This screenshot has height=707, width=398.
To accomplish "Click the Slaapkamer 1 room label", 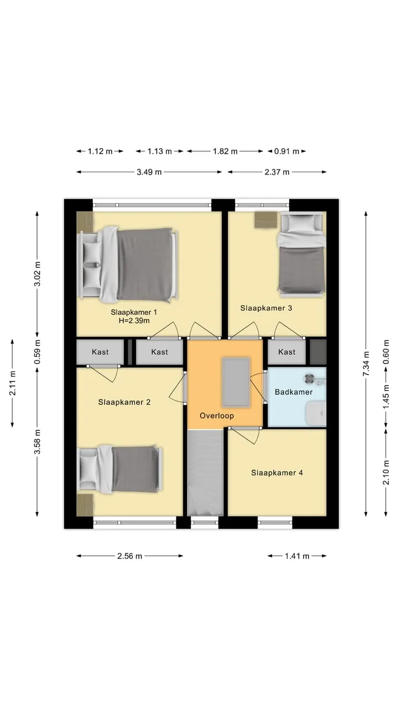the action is (134, 312).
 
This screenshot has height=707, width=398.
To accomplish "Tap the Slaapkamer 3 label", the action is (266, 308).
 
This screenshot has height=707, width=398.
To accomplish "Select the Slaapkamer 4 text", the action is (277, 473).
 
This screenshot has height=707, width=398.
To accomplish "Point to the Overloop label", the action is (217, 416).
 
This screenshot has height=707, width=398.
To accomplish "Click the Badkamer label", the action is (294, 392).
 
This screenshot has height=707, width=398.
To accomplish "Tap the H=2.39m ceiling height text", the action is (134, 321).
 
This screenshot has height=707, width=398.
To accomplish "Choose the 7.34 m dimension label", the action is (366, 363).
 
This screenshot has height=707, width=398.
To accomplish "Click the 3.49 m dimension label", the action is (149, 172).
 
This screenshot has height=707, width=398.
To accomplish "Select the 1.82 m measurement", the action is (225, 151).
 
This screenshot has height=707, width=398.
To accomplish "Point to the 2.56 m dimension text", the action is (129, 556).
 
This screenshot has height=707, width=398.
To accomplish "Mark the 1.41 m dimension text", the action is (297, 556).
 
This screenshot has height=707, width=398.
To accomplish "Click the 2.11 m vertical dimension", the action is (12, 383).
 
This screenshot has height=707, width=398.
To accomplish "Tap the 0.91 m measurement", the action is (286, 151).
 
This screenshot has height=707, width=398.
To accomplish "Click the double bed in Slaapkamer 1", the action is (128, 264).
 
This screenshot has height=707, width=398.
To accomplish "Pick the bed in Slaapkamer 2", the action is (120, 469).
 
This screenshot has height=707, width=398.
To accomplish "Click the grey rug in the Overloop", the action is (236, 382).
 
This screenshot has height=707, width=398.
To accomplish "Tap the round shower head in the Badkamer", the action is (309, 379).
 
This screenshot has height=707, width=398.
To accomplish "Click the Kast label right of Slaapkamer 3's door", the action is (286, 352).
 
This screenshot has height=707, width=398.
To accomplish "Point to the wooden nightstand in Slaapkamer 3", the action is (266, 219).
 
